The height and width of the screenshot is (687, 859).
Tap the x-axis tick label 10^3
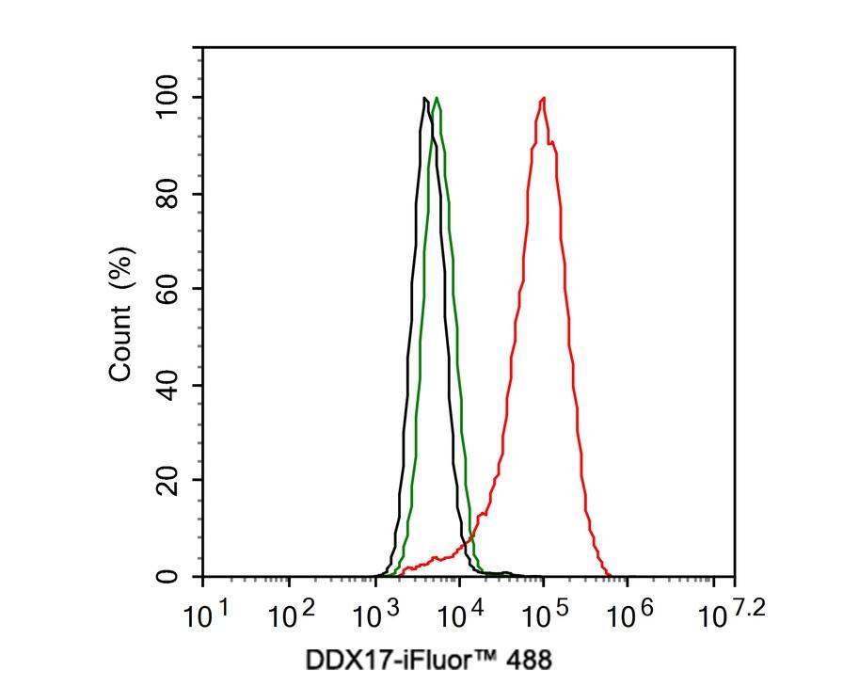tap(379, 616)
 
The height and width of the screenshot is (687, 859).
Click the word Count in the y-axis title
tap(120, 348)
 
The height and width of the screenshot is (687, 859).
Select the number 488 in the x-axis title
tap(530, 660)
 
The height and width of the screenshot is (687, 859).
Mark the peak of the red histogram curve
tap(543, 98)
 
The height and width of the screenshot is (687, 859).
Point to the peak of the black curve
tap(425, 98)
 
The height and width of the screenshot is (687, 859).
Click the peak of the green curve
tap(437, 98)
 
